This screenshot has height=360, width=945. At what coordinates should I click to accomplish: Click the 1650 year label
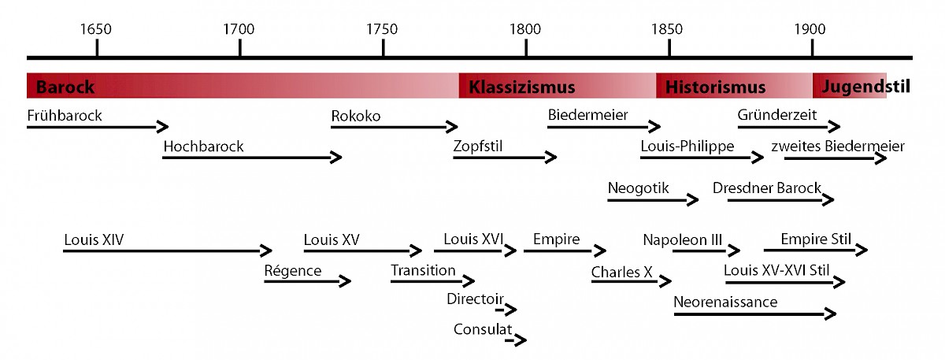tap(96, 29)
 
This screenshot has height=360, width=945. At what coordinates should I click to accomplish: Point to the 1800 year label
tap(524, 29)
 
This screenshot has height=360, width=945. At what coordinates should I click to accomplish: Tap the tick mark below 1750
tap(383, 48)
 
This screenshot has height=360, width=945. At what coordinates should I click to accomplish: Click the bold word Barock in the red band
tap(65, 87)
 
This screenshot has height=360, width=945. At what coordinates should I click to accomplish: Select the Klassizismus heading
tap(522, 87)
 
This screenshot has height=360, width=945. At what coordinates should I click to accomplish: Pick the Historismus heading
tap(715, 87)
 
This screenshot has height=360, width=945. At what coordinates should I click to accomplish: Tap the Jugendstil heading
tap(865, 87)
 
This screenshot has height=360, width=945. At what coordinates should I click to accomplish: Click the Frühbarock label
tap(65, 116)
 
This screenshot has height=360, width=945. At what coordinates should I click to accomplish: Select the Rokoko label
tap(356, 116)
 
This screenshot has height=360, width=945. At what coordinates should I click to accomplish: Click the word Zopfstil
tap(477, 147)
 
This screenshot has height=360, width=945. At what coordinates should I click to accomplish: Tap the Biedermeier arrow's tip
tap(660, 126)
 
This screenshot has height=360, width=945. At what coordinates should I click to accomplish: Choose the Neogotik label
tap(639, 188)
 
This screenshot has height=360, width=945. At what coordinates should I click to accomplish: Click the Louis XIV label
tap(94, 239)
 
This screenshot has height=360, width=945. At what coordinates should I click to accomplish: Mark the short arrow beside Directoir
tap(506, 310)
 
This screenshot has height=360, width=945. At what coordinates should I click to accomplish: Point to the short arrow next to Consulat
tap(516, 340)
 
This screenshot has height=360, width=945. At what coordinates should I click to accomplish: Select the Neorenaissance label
tap(725, 302)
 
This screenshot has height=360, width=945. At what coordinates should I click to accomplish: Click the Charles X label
tap(621, 273)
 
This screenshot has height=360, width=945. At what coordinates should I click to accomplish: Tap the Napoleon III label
tap(683, 239)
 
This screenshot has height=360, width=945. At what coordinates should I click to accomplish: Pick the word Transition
tap(423, 270)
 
